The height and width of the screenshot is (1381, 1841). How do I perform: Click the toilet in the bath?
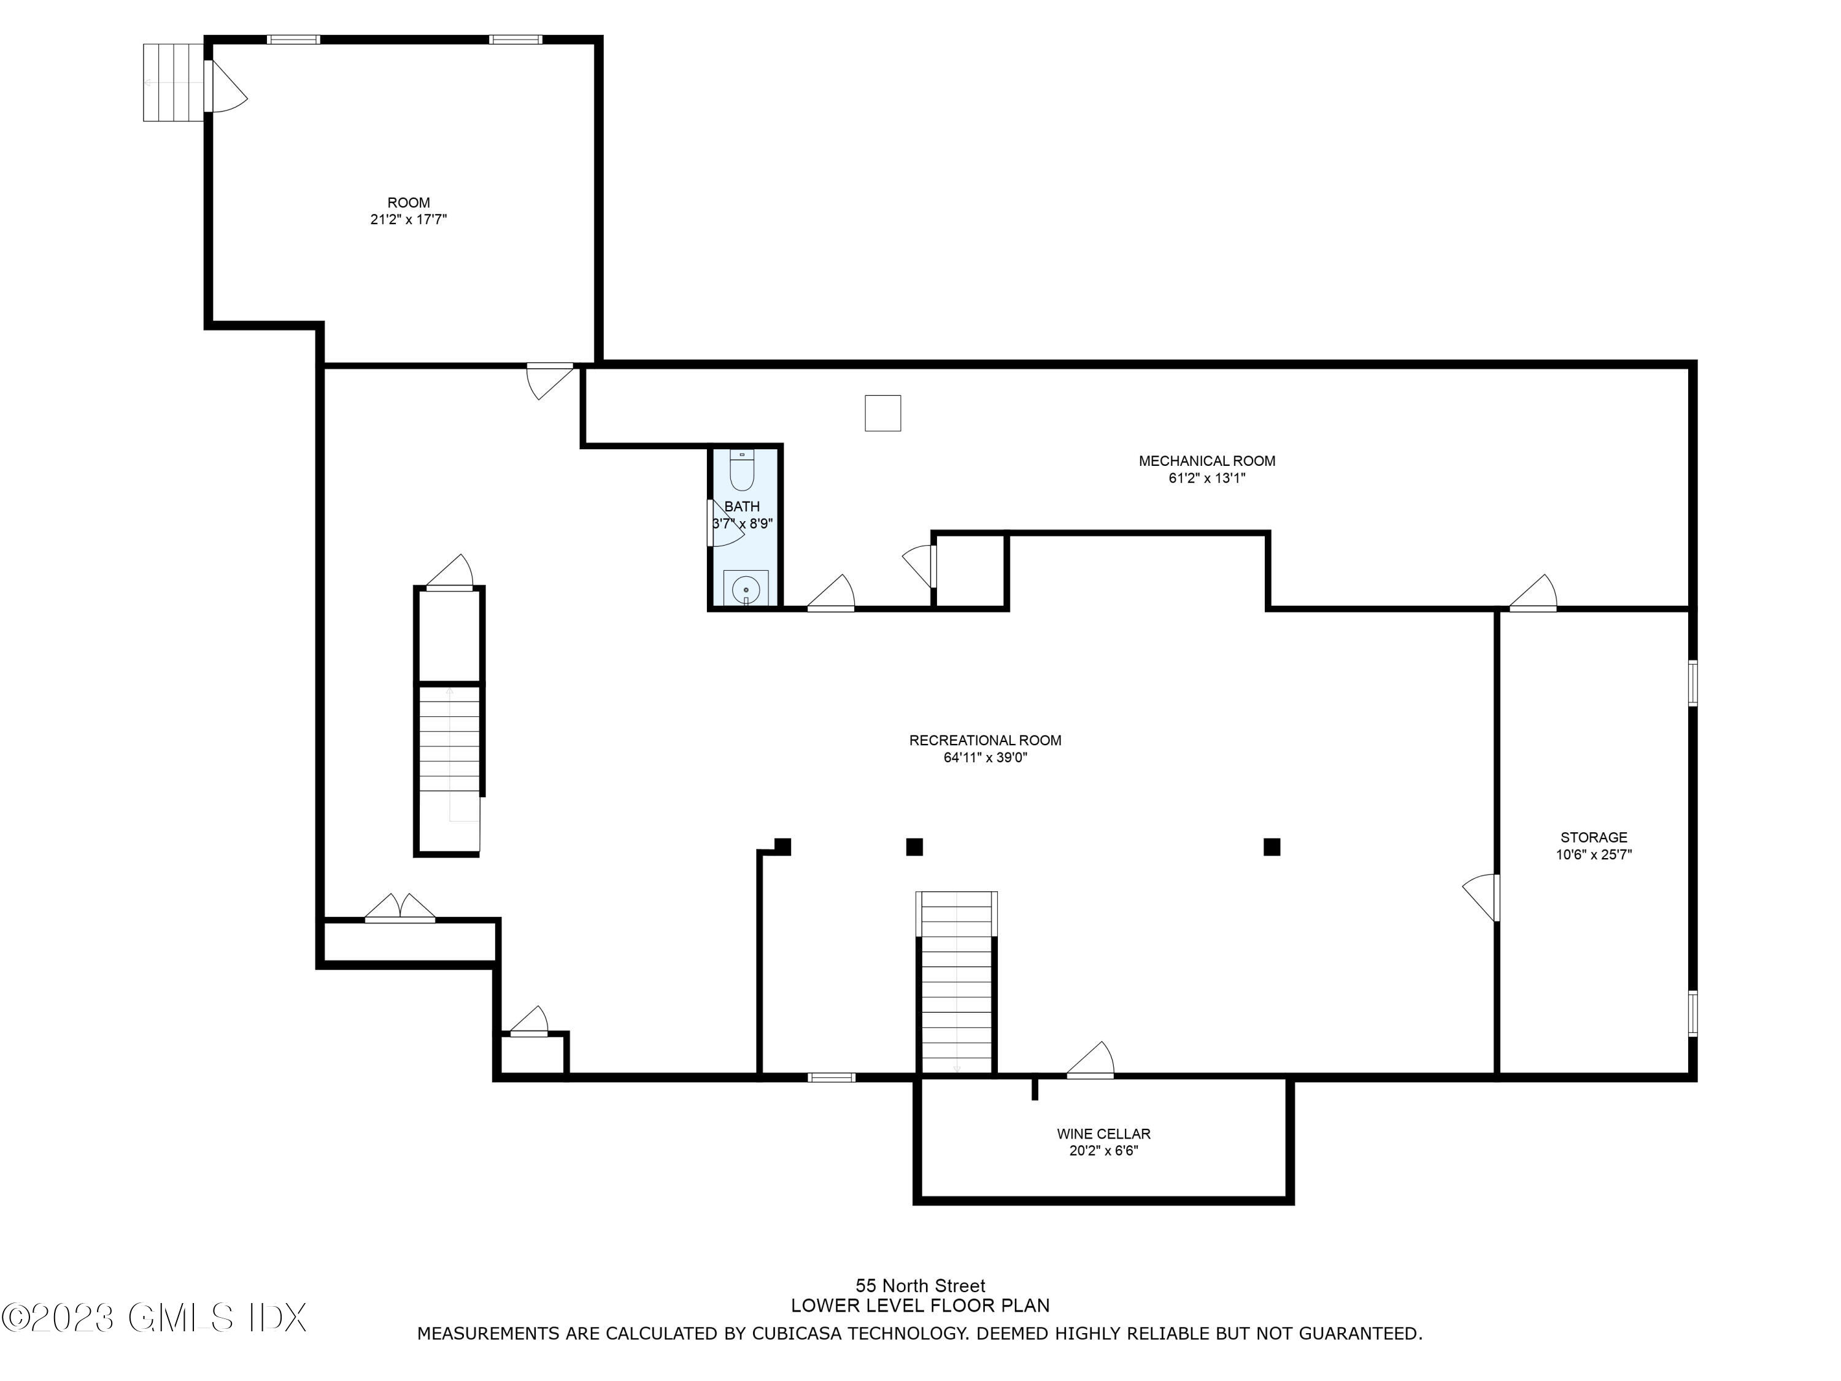pyautogui.click(x=741, y=472)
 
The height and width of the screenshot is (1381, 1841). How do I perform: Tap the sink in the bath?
pyautogui.click(x=745, y=589)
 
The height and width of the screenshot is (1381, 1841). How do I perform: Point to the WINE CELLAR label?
pyautogui.click(x=1103, y=1134)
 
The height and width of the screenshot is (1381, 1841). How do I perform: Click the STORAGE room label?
pyautogui.click(x=1593, y=837)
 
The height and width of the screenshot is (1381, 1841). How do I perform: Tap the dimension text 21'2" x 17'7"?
pyautogui.click(x=408, y=220)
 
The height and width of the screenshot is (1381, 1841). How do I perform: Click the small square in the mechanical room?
pyautogui.click(x=882, y=414)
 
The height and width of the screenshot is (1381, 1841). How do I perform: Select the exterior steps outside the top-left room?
pyautogui.click(x=173, y=82)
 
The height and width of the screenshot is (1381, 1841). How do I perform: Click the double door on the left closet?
pyautogui.click(x=399, y=909)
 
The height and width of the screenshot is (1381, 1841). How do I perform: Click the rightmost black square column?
pyautogui.click(x=1271, y=846)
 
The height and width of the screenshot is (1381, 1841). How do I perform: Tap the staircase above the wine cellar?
pyautogui.click(x=956, y=982)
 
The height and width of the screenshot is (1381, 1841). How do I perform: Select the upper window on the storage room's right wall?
pyautogui.click(x=1692, y=683)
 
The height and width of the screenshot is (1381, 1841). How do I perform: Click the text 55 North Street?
pyautogui.click(x=920, y=1286)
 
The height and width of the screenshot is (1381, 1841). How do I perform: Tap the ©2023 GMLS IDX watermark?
pyautogui.click(x=155, y=1318)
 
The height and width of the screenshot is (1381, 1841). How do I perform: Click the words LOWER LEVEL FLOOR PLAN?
pyautogui.click(x=920, y=1306)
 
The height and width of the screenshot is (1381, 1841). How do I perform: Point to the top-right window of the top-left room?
pyautogui.click(x=515, y=39)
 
